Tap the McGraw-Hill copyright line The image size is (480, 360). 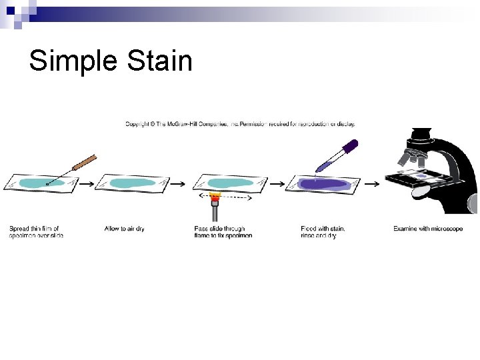[x=240, y=123]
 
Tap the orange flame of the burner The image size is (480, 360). [x=215, y=197]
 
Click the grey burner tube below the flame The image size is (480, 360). [x=215, y=213]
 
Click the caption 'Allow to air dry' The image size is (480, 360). [x=125, y=229]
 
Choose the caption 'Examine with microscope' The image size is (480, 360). [x=427, y=229]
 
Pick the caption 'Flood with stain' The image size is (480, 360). [x=323, y=229]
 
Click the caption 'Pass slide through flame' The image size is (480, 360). [x=220, y=229]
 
